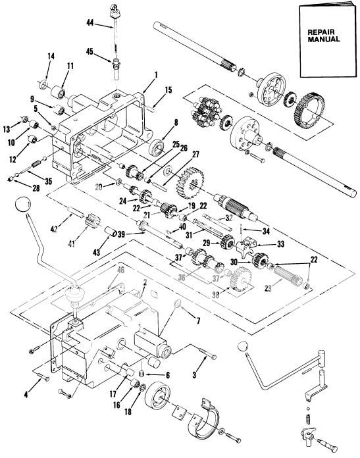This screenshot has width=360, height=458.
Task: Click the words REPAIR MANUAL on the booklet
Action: (324, 34)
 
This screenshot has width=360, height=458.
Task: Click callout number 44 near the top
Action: (90, 24)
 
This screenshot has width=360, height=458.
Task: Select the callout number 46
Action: (120, 270)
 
